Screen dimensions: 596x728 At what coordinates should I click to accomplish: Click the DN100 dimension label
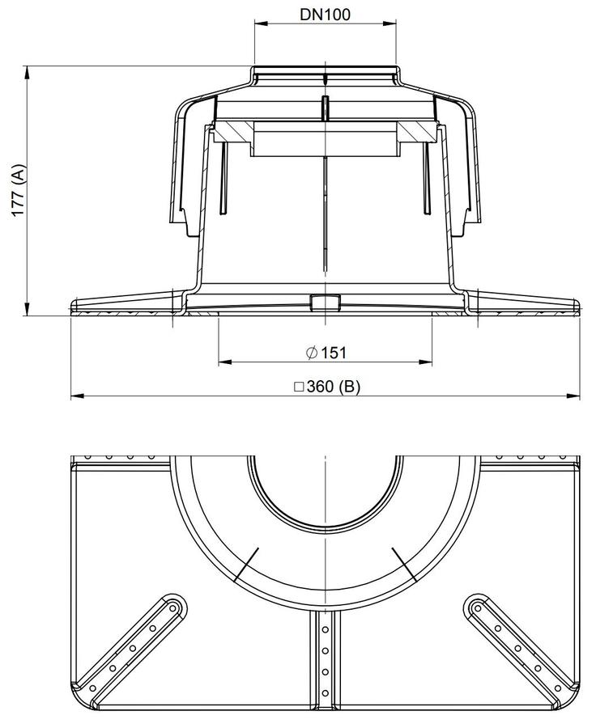325,15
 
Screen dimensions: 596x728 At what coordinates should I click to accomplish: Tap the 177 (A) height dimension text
19,190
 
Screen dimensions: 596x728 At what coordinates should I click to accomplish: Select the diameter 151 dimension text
326,353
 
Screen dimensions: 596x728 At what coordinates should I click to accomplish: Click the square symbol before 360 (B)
299,387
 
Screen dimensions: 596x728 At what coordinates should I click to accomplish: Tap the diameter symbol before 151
312,353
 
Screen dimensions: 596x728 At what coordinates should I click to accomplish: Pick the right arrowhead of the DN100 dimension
390,23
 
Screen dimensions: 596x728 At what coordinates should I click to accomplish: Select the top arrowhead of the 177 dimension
27,73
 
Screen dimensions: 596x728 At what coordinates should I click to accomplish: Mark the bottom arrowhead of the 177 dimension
27,308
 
